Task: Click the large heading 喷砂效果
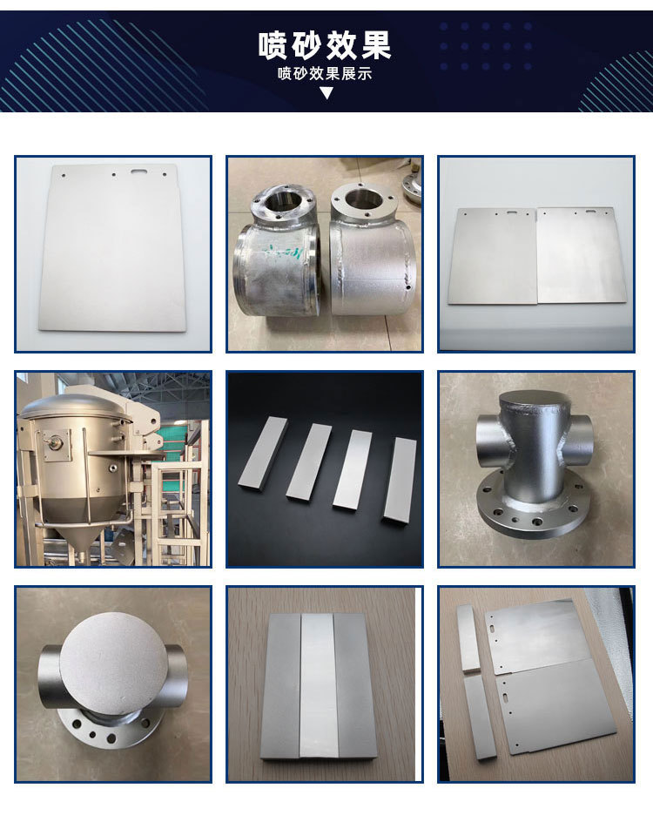(325, 45)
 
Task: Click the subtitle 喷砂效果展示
(325, 73)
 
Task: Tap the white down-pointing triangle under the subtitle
(326, 93)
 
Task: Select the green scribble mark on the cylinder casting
(283, 253)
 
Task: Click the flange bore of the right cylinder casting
(360, 198)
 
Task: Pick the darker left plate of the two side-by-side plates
(493, 256)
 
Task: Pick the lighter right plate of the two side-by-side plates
(582, 254)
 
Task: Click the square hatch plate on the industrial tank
(56, 444)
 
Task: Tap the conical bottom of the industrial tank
(79, 520)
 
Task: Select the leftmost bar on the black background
(263, 453)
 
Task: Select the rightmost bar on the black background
(401, 480)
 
